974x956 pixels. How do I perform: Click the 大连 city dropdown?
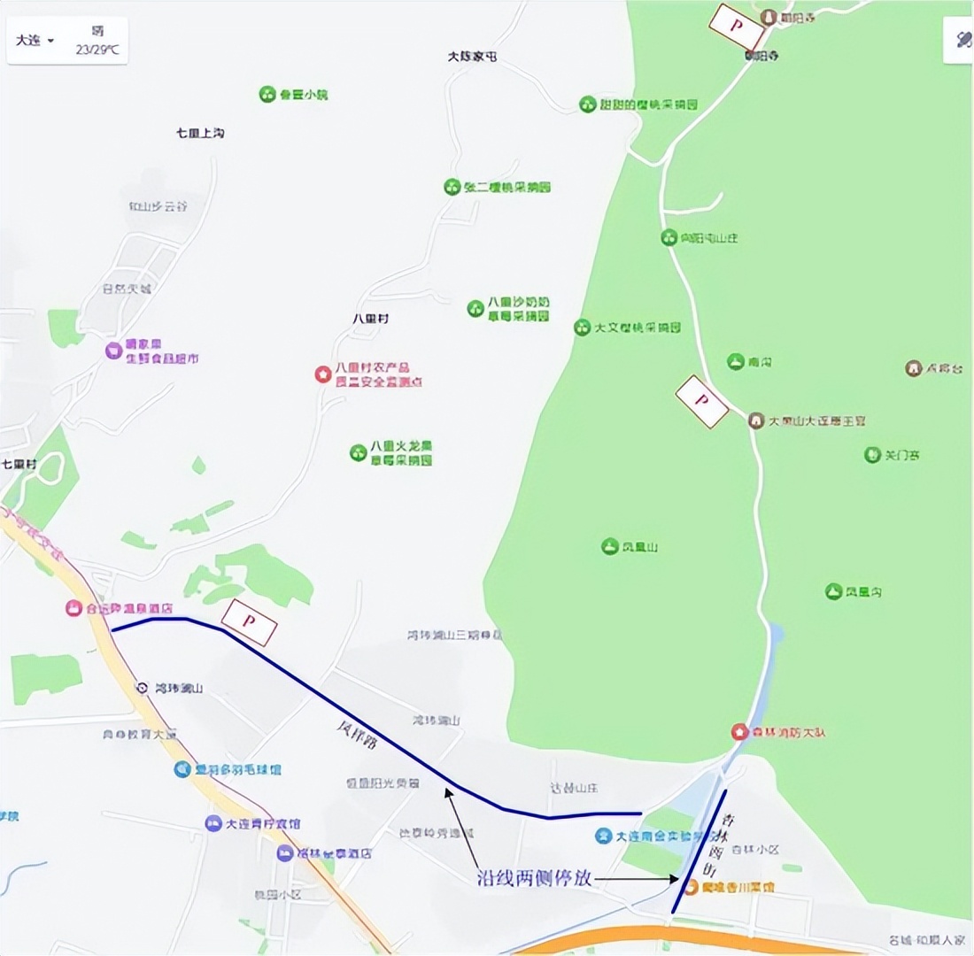point(35,41)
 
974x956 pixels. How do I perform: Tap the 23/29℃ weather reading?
point(97,50)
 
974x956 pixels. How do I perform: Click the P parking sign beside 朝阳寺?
point(737,27)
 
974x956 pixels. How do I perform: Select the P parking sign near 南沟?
point(702,401)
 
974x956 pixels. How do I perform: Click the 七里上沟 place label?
point(200,133)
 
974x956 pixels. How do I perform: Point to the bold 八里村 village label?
point(370,318)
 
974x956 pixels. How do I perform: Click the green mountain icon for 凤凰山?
point(609,546)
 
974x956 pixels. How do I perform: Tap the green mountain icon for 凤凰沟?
point(833,590)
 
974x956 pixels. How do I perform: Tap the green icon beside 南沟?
point(735,361)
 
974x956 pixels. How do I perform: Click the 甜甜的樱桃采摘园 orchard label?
point(649,104)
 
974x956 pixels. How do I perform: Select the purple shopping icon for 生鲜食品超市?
point(113,351)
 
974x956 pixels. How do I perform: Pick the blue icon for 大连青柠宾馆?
point(213,823)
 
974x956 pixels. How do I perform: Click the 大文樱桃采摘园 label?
point(637,328)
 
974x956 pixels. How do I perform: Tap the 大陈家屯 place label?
point(473,56)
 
